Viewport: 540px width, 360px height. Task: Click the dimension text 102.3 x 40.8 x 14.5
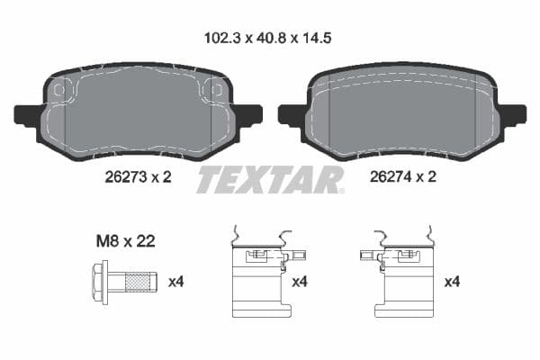coord(269,39)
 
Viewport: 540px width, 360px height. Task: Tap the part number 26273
coord(121,177)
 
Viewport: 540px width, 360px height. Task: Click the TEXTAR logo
coord(270,180)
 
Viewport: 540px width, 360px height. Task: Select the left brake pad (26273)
coord(139,112)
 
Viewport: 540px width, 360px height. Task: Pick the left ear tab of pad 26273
coord(27,115)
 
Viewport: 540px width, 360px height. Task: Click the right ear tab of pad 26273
coord(249,114)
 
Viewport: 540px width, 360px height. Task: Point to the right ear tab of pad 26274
coord(514,114)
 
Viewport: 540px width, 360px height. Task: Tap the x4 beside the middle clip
coord(300,282)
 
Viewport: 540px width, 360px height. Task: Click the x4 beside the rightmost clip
coord(453,282)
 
